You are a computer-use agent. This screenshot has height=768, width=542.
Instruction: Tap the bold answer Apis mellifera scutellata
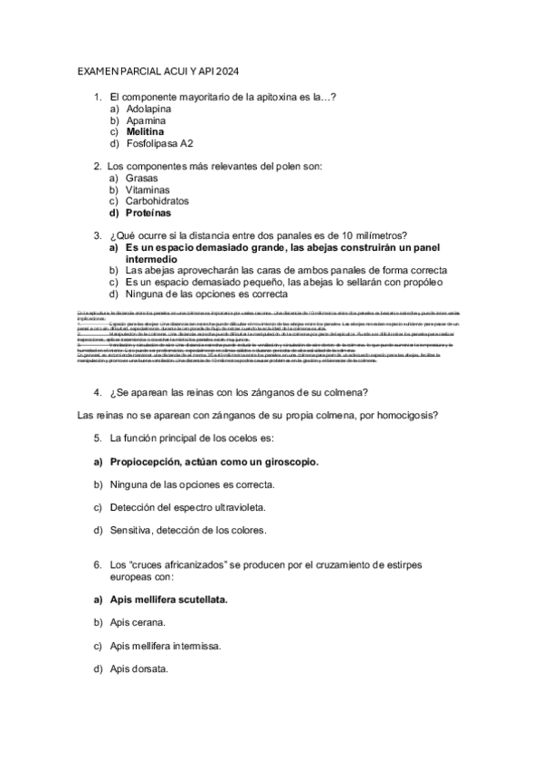point(168,600)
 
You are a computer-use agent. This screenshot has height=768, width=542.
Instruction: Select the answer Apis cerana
point(137,623)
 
